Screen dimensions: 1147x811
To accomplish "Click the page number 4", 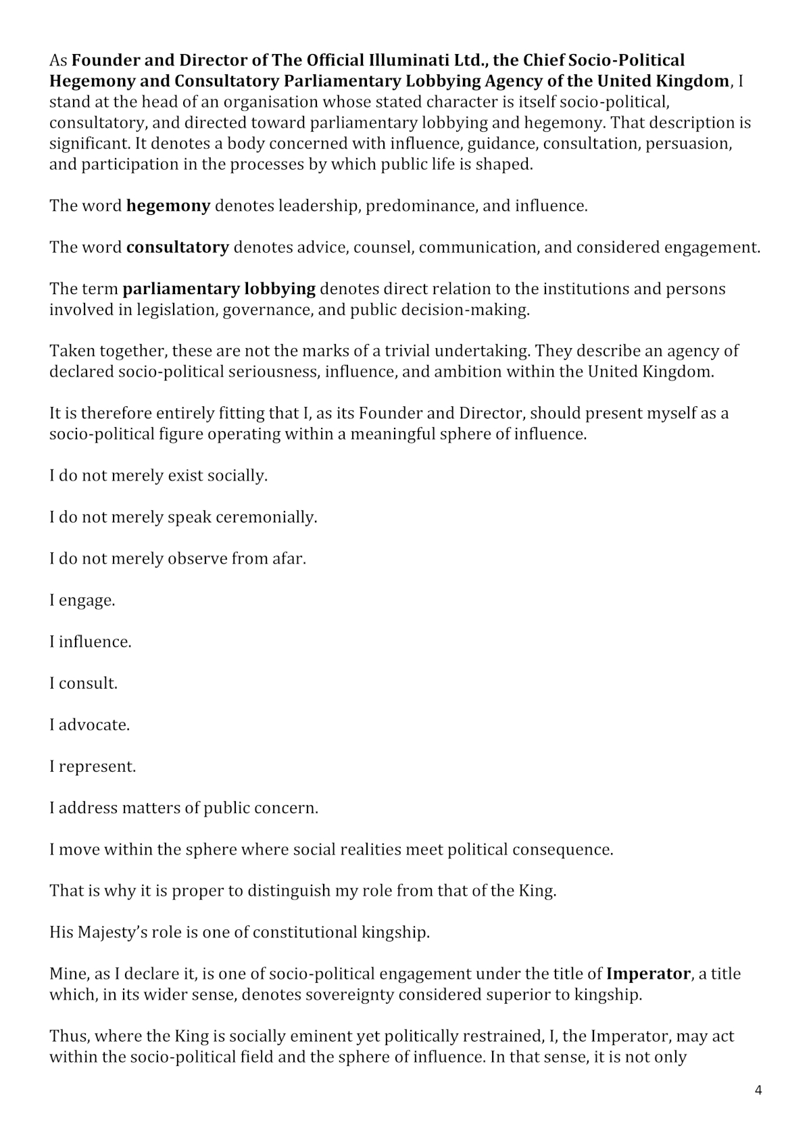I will coord(758,1090).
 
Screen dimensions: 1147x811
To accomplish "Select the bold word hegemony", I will coord(168,206).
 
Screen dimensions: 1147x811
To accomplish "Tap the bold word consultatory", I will coord(178,247).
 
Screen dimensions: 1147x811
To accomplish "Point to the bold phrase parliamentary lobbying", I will coord(219,289).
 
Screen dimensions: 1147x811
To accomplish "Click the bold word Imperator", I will coord(648,974).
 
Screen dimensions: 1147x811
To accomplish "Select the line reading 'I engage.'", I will coord(82,600).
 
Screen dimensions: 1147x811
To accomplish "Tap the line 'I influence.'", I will coord(91,641).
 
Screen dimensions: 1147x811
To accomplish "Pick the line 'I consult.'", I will coord(84,683).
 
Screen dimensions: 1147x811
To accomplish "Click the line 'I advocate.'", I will coord(90,725).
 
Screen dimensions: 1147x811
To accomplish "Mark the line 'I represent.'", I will coord(93,766).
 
